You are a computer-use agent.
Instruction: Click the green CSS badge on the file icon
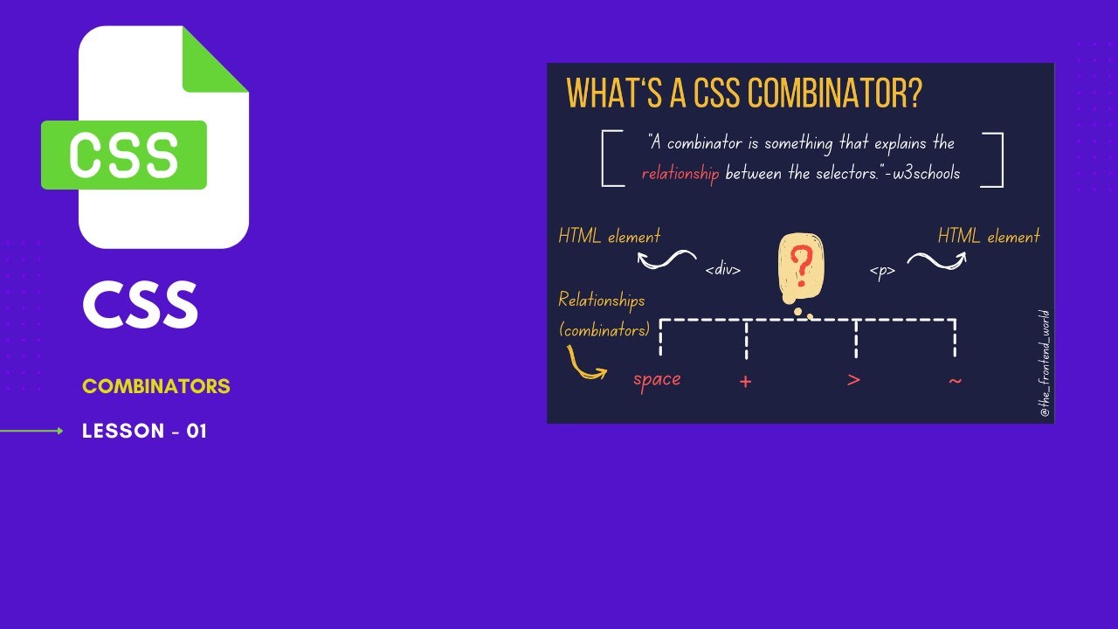[x=124, y=156]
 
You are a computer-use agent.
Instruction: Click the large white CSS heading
[x=141, y=305]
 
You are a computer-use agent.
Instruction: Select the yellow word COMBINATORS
[x=156, y=386]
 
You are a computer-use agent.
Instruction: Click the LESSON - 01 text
[x=144, y=431]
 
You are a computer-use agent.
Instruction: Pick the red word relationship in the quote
[x=680, y=174]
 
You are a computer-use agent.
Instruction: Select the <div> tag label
[x=723, y=271]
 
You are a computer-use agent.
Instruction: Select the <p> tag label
[x=882, y=271]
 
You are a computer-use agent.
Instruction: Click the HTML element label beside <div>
[x=610, y=236]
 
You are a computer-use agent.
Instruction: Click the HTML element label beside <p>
[x=989, y=236]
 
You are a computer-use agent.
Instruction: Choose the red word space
[x=657, y=380]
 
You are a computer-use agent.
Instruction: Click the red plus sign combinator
[x=745, y=382]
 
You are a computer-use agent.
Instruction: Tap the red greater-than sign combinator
[x=854, y=380]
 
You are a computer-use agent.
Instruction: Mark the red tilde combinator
[x=955, y=380]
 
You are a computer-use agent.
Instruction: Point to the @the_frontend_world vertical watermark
[x=1045, y=363]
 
